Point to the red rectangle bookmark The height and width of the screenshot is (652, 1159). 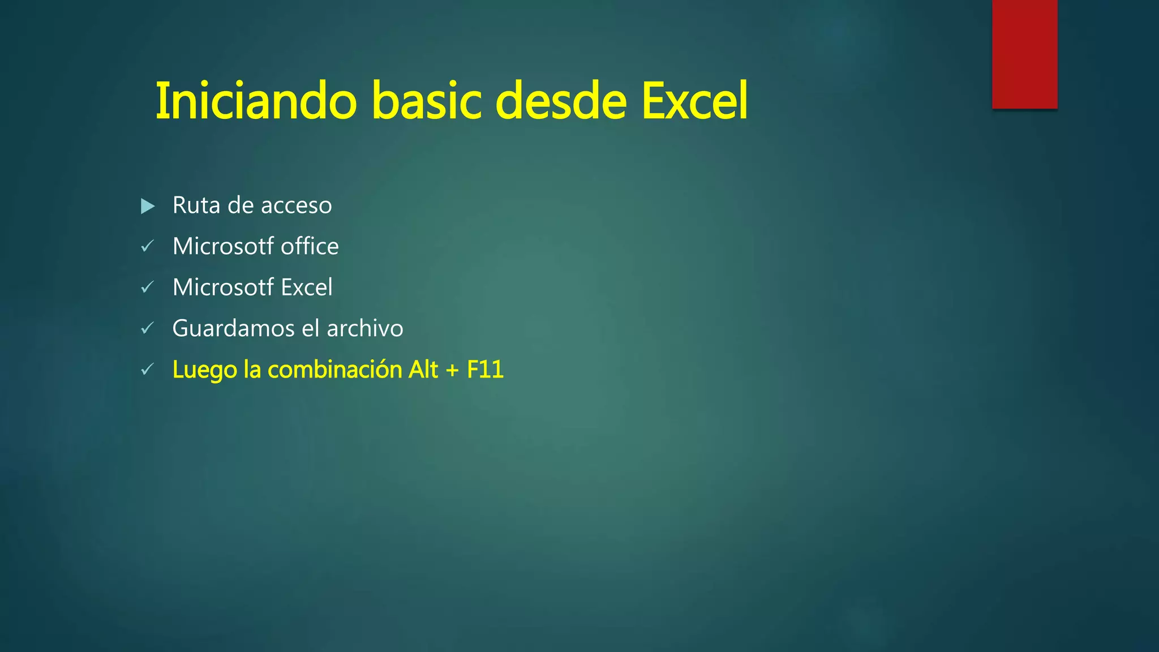[1024, 54]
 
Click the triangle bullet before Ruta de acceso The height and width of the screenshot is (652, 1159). [148, 206]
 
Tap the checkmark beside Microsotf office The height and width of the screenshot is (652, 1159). [147, 246]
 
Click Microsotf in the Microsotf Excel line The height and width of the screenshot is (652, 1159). [223, 288]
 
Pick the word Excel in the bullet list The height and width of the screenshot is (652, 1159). [307, 288]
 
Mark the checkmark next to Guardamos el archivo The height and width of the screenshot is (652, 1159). [147, 328]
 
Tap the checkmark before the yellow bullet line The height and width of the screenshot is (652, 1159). [147, 370]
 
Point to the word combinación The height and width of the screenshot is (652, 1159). [334, 370]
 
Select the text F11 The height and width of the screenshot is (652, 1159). [485, 370]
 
